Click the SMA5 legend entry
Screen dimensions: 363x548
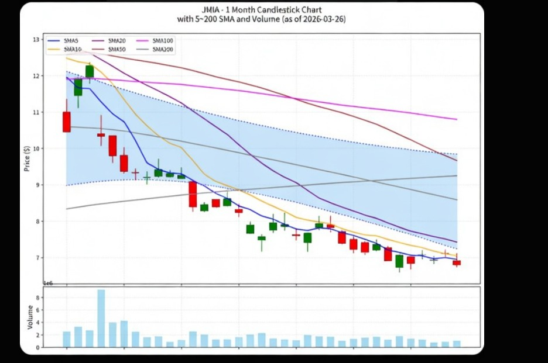pyautogui.click(x=70, y=41)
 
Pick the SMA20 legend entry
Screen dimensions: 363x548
pyautogui.click(x=115, y=41)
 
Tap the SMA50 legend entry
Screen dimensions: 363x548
pyautogui.click(x=115, y=49)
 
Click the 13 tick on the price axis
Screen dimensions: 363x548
pyautogui.click(x=36, y=40)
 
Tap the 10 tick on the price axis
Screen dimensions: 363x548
pyautogui.click(x=36, y=148)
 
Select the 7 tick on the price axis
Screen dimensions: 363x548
pyautogui.click(x=37, y=258)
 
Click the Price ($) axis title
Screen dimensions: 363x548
pyautogui.click(x=27, y=158)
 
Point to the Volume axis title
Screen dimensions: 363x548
pyautogui.click(x=30, y=316)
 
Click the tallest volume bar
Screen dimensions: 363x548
pyautogui.click(x=101, y=318)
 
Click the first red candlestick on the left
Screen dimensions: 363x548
pyautogui.click(x=67, y=122)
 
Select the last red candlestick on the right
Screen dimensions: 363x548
pyautogui.click(x=457, y=263)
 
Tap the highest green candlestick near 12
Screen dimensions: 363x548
pyautogui.click(x=90, y=71)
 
